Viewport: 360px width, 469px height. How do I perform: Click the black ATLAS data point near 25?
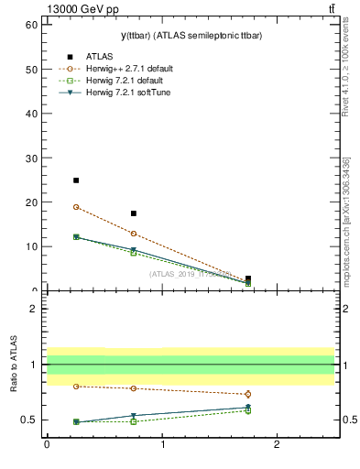pyautogui.click(x=76, y=180)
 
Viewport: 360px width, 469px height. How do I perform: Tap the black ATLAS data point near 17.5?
pyautogui.click(x=134, y=213)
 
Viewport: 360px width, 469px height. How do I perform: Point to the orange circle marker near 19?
pyautogui.click(x=76, y=207)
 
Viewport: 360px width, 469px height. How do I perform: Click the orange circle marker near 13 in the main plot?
pyautogui.click(x=134, y=234)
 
